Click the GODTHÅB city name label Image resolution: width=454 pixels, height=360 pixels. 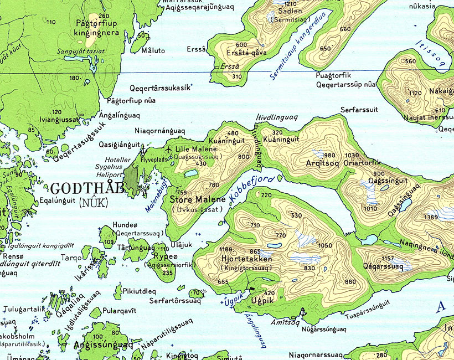point(81,188)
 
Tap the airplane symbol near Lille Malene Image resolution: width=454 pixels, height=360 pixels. point(168,150)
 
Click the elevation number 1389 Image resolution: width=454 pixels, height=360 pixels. point(431,218)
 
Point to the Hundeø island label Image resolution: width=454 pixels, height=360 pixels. point(124,225)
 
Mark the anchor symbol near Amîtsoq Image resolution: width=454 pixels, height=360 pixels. point(302,312)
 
